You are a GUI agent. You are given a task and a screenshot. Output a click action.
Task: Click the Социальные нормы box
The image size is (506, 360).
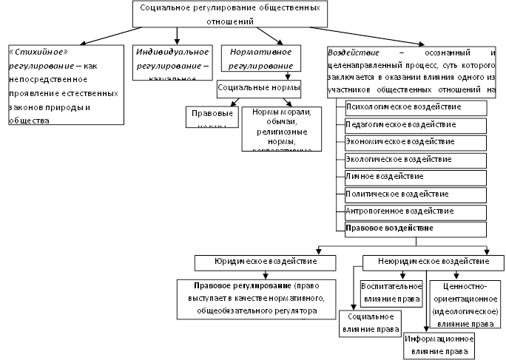tap(258, 86)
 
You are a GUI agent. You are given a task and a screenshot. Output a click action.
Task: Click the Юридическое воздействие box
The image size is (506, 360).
tap(266, 262)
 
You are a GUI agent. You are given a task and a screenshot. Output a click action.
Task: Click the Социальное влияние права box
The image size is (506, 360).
tap(368, 323)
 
